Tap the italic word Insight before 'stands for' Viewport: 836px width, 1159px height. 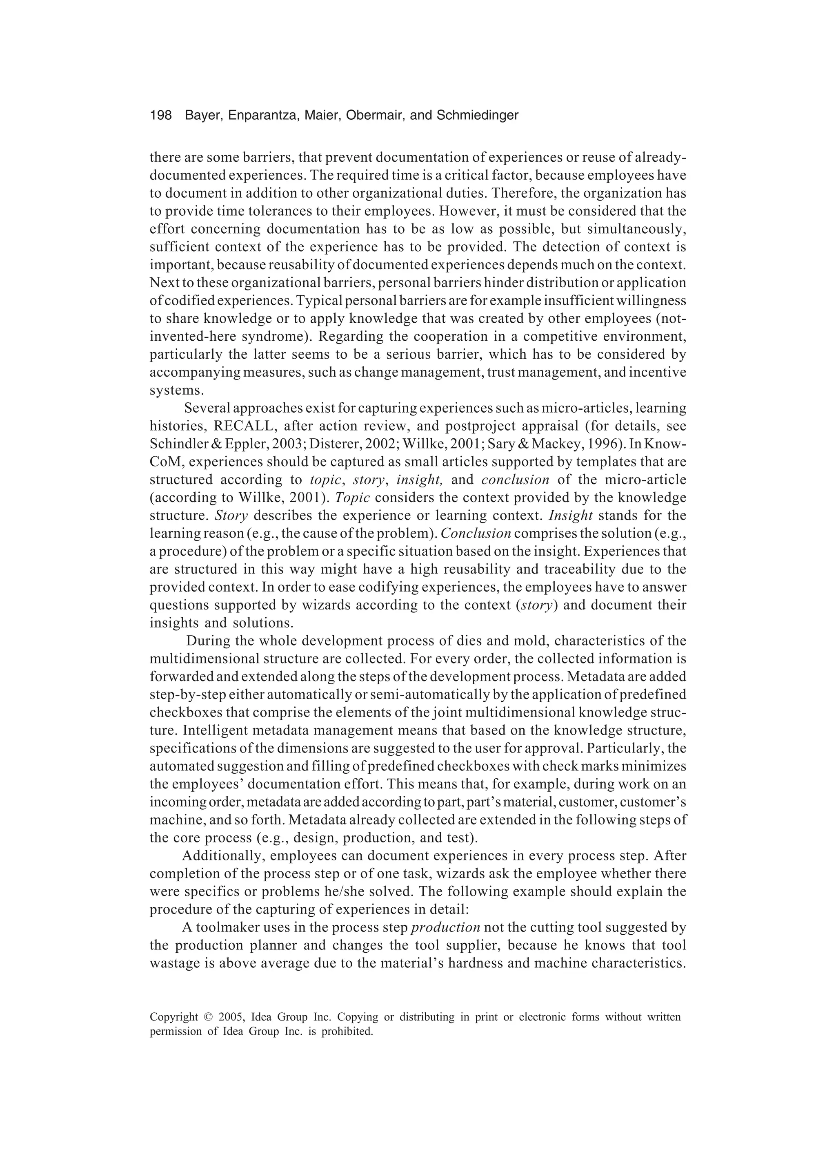[x=570, y=515]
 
